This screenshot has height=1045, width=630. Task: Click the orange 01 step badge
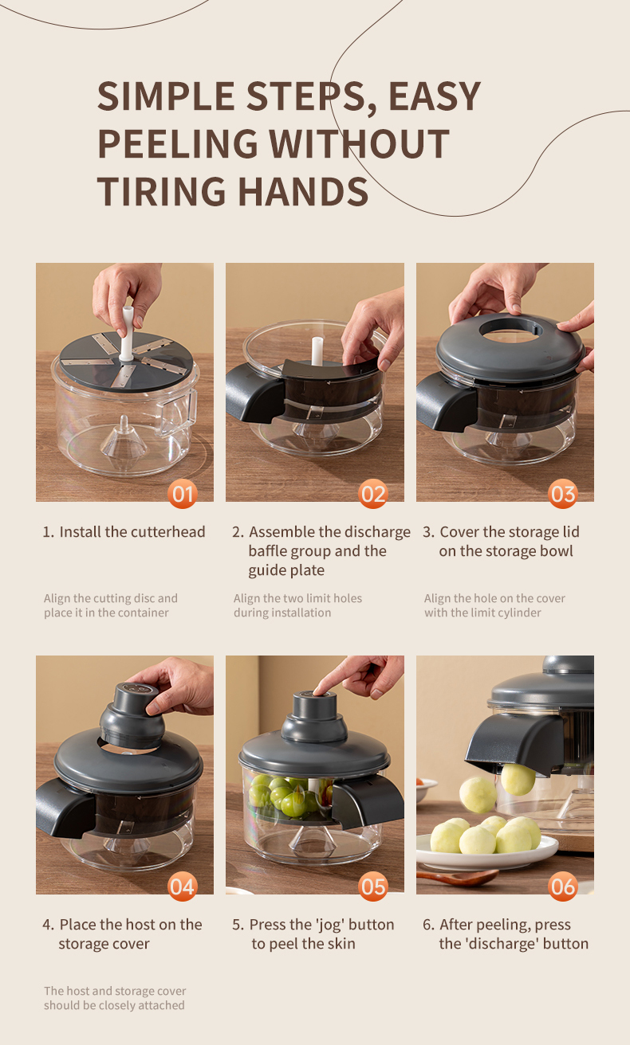182,494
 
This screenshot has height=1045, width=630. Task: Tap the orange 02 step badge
372,494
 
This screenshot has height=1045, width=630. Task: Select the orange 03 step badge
563,494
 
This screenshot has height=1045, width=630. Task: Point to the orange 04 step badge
182,886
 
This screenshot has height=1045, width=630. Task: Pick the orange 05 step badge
372,886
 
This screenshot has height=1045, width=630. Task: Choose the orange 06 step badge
563,886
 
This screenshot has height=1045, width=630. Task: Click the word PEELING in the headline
178,143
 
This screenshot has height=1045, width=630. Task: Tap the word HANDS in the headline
303,191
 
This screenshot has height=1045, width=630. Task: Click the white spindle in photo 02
317,350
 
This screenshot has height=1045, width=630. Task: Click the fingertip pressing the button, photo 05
319,689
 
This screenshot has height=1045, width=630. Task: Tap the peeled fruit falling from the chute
518,779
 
